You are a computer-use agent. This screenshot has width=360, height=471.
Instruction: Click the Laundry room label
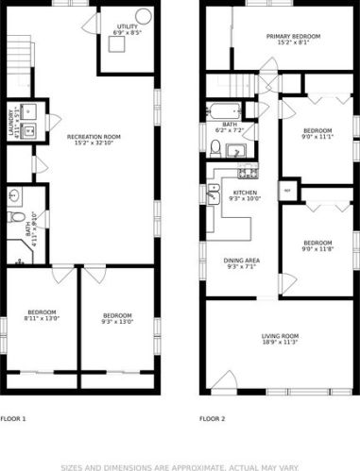(x=11, y=125)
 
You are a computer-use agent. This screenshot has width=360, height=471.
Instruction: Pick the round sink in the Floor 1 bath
(x=14, y=196)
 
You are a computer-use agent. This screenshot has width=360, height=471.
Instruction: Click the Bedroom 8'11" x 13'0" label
(x=41, y=316)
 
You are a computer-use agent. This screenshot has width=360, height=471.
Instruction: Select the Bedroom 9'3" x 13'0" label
(x=116, y=318)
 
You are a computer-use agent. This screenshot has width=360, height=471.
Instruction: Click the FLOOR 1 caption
(x=13, y=417)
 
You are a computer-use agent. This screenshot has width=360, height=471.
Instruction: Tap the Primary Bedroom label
(x=292, y=39)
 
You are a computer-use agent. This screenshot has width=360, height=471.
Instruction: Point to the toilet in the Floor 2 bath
(x=216, y=146)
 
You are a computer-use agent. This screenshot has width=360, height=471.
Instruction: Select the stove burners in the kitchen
(x=248, y=174)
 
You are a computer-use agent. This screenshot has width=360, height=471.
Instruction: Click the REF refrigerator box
(x=286, y=191)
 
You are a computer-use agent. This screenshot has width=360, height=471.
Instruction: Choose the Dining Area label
(x=242, y=263)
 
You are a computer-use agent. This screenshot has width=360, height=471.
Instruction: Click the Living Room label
(x=281, y=339)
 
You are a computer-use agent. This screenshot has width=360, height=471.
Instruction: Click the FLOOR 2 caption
(x=213, y=417)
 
